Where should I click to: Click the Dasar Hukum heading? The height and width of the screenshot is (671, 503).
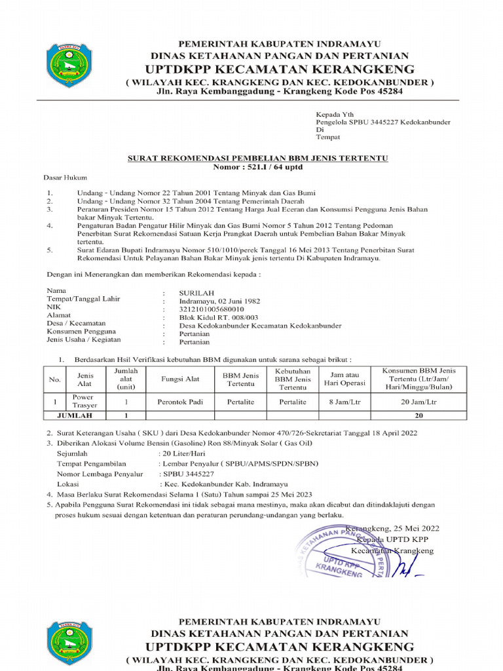65,178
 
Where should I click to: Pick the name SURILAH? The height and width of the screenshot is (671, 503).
196,292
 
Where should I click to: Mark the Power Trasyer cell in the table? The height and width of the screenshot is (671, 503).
83,401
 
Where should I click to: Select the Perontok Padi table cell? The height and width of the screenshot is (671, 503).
179,401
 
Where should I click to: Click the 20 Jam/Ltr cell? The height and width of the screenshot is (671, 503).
419,401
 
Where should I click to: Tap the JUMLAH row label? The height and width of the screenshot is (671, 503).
75,415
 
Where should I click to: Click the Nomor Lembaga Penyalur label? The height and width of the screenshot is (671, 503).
100,474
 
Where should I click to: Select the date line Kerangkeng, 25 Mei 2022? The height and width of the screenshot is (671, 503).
392,528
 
